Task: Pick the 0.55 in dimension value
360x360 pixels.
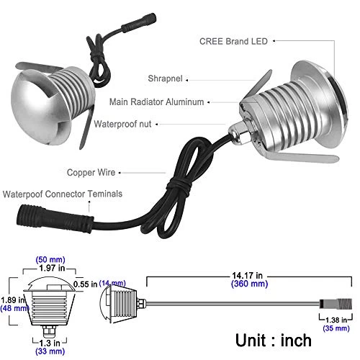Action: (x=94, y=284)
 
